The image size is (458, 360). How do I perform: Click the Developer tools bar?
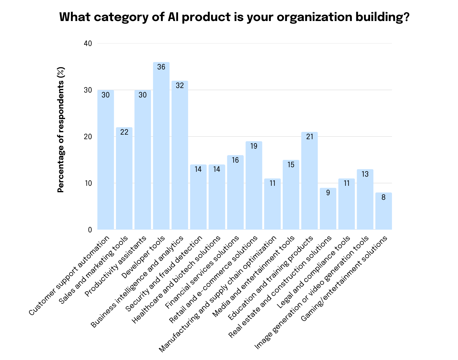coord(161,146)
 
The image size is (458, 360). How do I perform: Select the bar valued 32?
coord(180,155)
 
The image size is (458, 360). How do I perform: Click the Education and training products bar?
coord(309,181)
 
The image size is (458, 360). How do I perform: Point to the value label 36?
coord(161,67)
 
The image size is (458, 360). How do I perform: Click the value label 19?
coord(254,146)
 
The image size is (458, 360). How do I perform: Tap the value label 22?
coord(124,132)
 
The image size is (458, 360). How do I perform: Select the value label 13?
coord(365,174)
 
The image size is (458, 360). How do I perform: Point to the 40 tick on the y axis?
coord(88,44)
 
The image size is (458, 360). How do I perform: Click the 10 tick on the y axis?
coord(88,183)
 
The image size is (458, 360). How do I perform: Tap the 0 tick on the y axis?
coord(90,230)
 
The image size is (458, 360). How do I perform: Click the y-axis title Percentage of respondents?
coord(61,129)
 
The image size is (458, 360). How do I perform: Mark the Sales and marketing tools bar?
coord(124,178)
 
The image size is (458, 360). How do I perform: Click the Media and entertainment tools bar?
coord(291,195)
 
